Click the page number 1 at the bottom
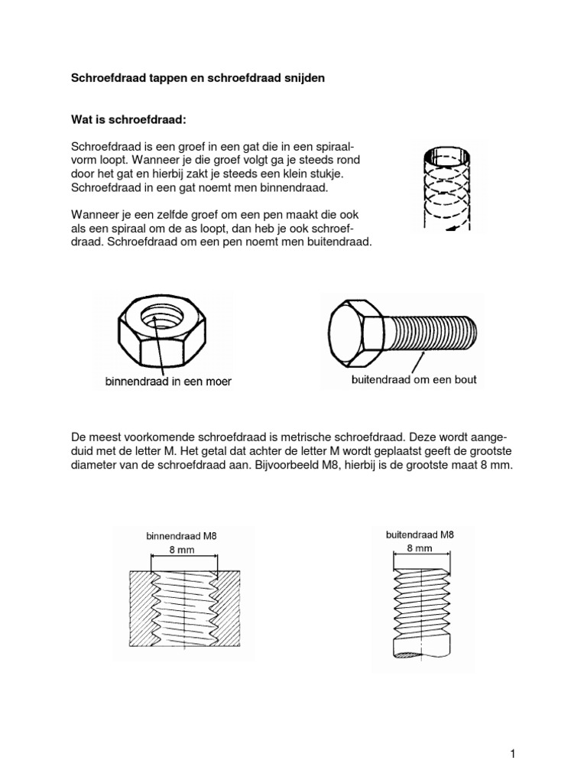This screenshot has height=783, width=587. click(514, 733)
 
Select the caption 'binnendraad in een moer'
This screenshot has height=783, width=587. click(168, 380)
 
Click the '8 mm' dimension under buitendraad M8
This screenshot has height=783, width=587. click(420, 548)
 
